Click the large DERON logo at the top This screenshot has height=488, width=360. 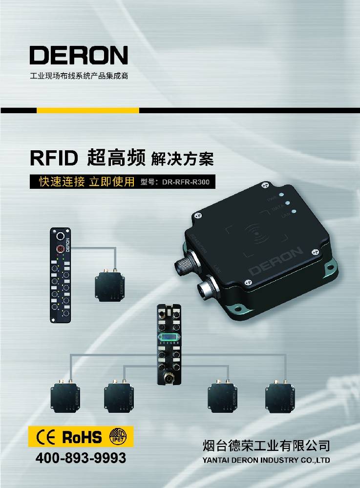click(x=78, y=55)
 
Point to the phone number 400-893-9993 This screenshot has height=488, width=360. click(x=81, y=458)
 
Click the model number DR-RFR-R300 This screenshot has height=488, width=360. click(x=188, y=182)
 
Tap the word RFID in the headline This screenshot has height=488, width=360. click(x=54, y=158)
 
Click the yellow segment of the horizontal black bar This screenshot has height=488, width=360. click(x=88, y=110)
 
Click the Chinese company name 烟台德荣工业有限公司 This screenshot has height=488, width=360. click(x=266, y=445)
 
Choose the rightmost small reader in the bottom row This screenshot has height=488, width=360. click(x=281, y=396)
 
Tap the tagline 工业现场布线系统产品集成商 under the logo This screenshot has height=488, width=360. click(x=79, y=77)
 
